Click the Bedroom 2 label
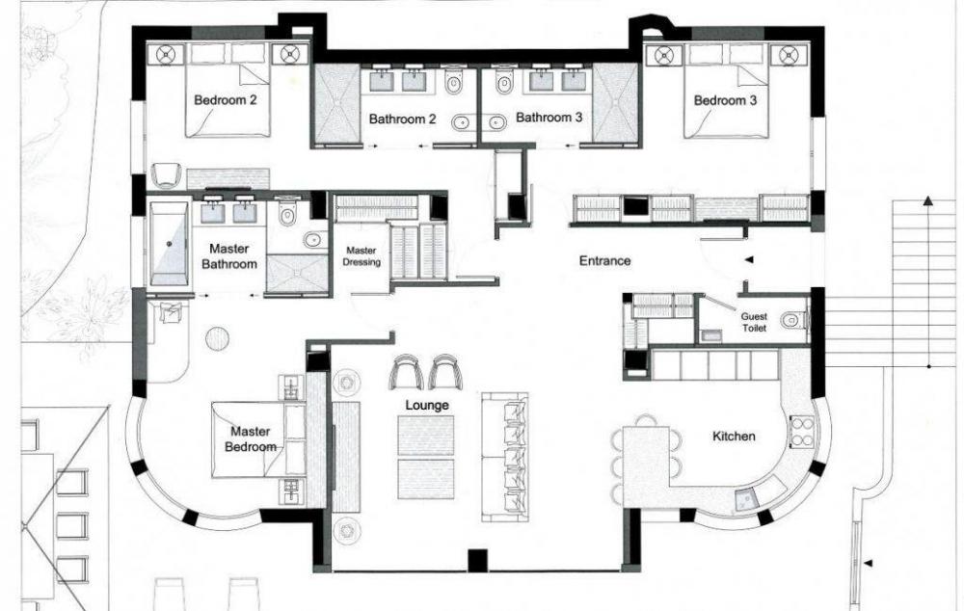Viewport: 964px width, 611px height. (225, 99)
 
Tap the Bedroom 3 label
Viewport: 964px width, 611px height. (725, 99)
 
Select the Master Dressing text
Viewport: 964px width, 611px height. (361, 255)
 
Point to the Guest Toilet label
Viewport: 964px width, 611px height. (754, 322)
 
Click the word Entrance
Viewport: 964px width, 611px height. (605, 260)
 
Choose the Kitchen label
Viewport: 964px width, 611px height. (734, 436)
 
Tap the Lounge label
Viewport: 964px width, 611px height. (427, 405)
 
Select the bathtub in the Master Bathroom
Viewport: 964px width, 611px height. (169, 243)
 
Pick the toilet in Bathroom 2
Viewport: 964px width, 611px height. (454, 80)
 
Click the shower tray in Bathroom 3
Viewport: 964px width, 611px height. (616, 103)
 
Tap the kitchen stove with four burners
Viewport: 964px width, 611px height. (801, 431)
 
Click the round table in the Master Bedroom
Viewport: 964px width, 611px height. (217, 338)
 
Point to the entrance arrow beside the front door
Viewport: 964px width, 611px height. (749, 260)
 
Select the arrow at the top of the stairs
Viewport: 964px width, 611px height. (927, 201)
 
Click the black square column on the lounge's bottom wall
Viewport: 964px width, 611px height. (478, 560)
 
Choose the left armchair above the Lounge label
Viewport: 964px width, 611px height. (407, 372)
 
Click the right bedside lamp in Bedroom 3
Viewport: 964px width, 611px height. (790, 56)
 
